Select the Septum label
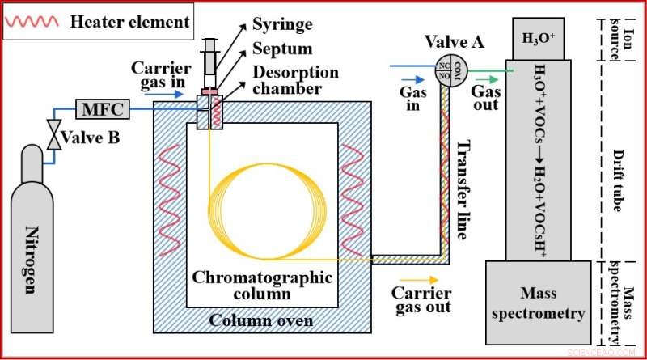[x=281, y=48]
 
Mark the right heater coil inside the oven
[x=353, y=199]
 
